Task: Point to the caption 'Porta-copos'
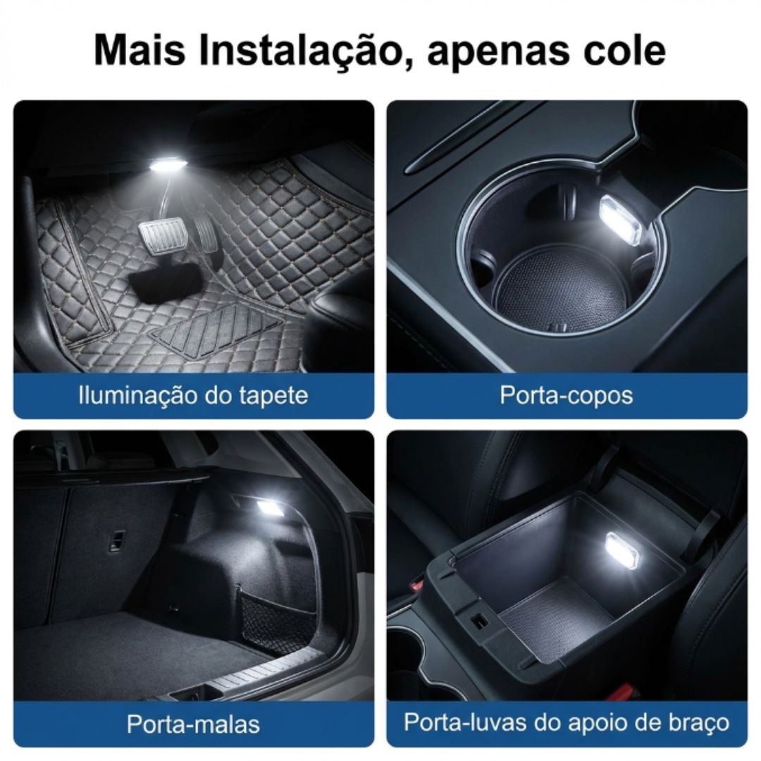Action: [567, 395]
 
